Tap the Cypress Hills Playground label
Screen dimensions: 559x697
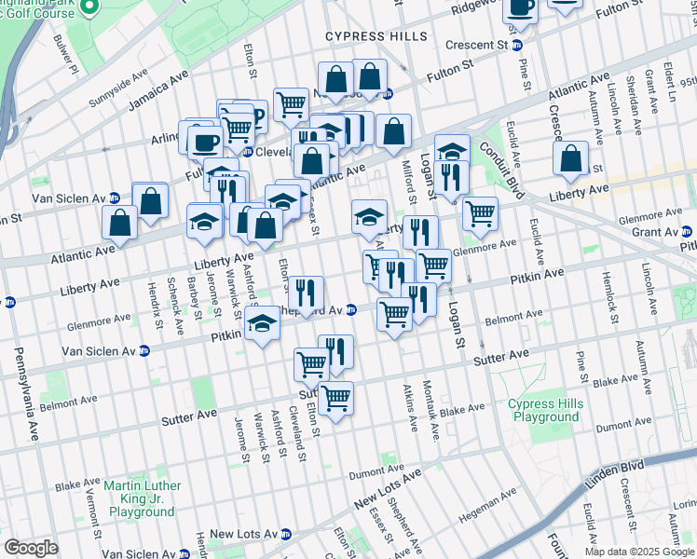pyautogui.click(x=545, y=410)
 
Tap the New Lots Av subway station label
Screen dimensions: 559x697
pyautogui.click(x=242, y=534)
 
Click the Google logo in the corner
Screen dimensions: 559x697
pyautogui.click(x=31, y=547)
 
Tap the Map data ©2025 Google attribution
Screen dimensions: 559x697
pyautogui.click(x=638, y=552)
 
